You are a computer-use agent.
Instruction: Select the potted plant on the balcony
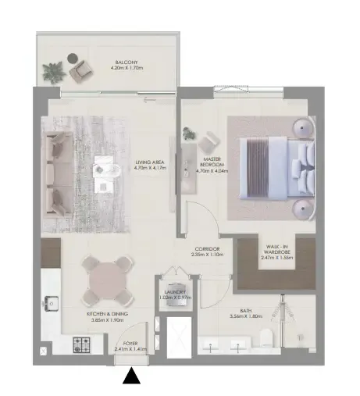point(53,72)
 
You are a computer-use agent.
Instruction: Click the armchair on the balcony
point(81,71)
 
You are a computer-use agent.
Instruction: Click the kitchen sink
point(52,302)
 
